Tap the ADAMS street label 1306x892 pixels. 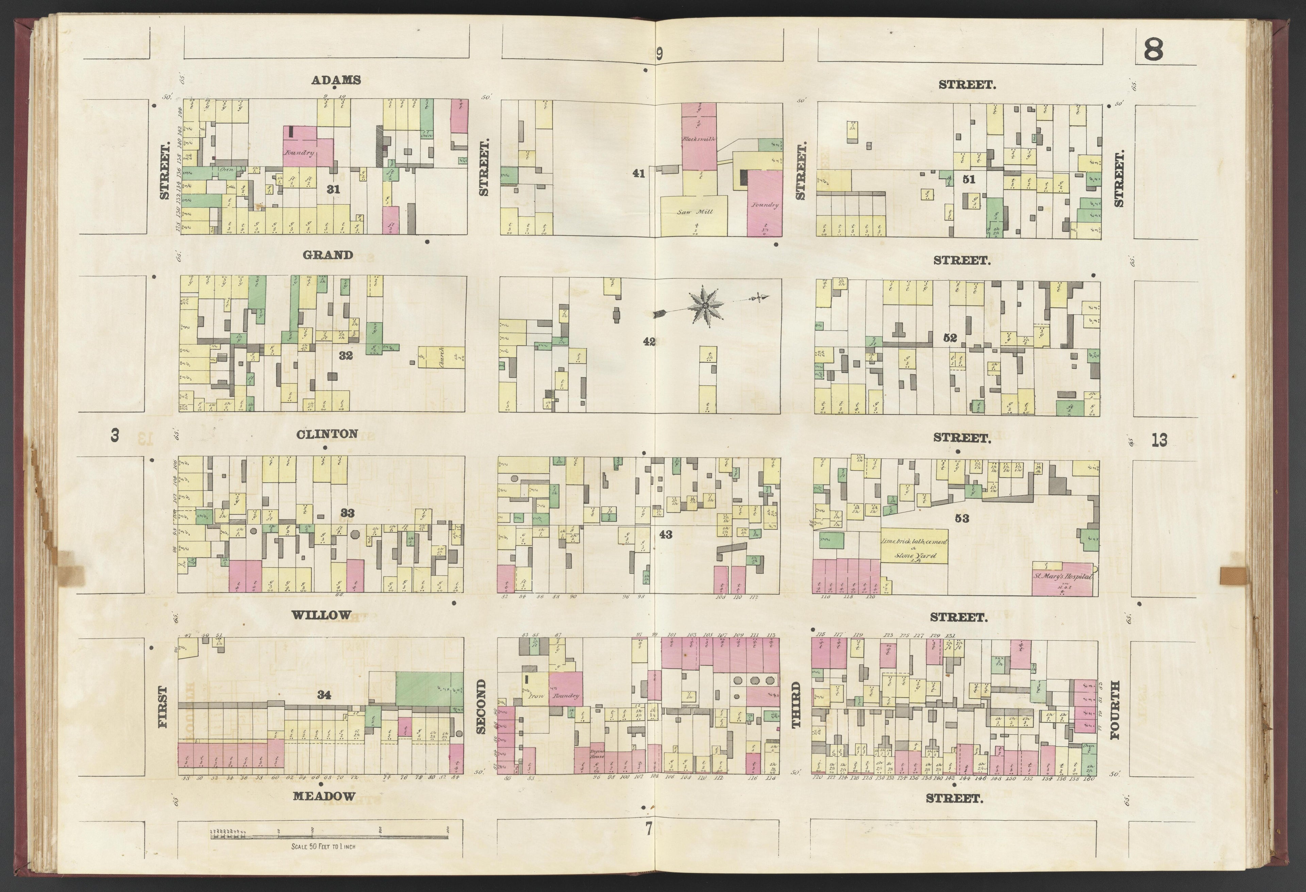pos(336,80)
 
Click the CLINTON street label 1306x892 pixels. pos(327,434)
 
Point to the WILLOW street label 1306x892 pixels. pos(321,615)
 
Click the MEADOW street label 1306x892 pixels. pos(324,796)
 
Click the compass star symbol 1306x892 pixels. pos(704,305)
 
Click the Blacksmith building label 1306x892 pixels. pos(699,138)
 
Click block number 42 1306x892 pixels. pos(649,342)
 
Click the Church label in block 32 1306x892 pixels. pos(442,356)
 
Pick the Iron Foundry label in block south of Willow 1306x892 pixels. pos(552,696)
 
